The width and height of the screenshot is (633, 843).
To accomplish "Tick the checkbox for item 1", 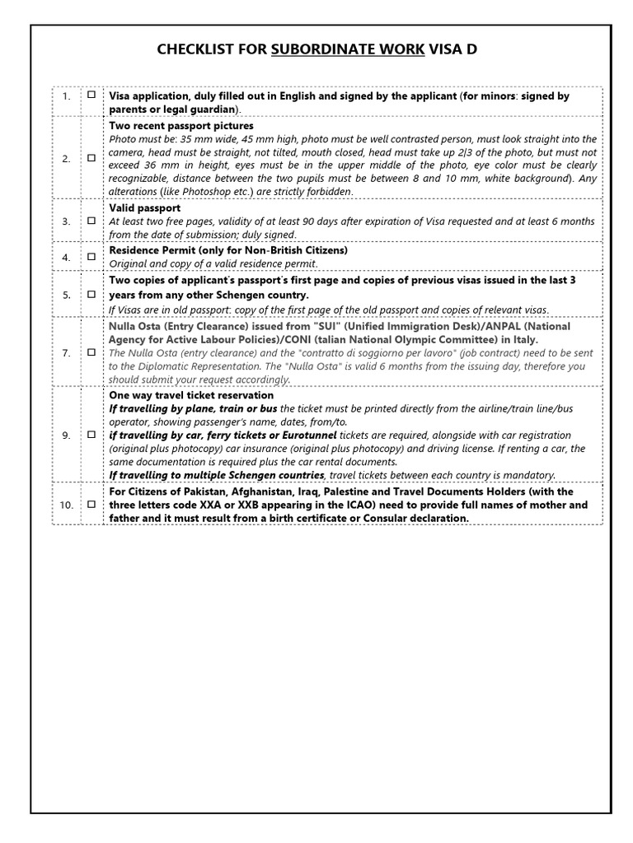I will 91,95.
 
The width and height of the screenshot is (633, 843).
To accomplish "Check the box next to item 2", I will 91,158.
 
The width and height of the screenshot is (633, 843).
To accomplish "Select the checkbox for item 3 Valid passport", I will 91,221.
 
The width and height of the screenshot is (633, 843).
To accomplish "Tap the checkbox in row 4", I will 91,256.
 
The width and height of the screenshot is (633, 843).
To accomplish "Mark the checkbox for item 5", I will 91,294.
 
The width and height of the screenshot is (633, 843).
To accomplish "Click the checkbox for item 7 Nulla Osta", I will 91,352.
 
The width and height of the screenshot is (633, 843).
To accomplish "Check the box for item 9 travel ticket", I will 91,435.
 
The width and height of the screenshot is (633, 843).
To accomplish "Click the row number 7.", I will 66,352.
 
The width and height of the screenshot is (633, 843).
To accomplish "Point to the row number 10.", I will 66,505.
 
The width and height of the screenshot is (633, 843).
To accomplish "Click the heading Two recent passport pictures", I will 181,127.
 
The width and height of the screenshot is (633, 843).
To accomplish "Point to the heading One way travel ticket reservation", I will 191,395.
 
